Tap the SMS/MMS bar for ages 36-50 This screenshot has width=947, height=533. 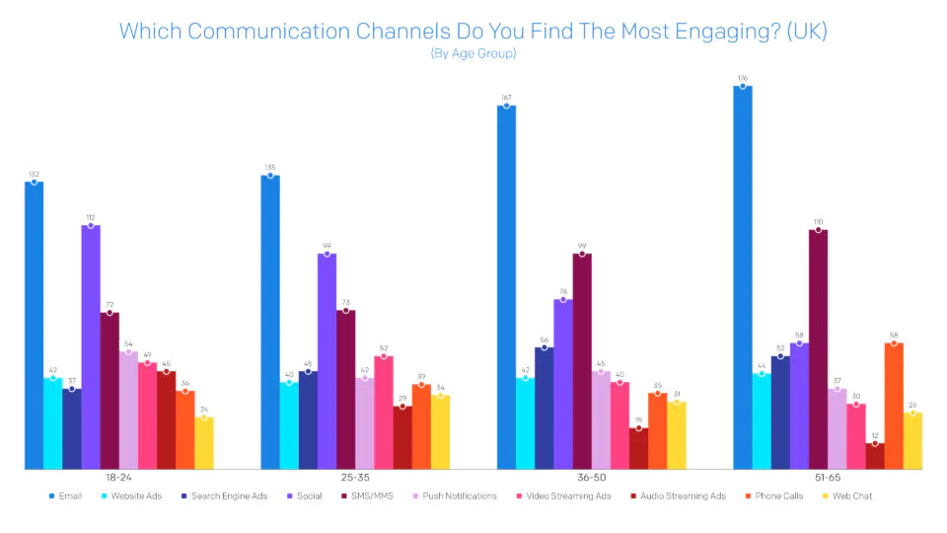582,361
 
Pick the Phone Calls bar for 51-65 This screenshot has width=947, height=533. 894,406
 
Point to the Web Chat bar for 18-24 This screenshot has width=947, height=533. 204,443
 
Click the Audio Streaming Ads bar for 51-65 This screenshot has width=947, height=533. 875,456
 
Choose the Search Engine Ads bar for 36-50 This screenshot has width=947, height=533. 544,408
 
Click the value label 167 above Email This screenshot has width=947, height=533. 506,97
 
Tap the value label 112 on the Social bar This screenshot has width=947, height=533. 91,217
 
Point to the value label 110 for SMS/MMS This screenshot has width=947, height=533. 818,222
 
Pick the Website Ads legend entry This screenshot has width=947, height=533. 136,495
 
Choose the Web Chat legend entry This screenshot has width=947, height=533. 852,495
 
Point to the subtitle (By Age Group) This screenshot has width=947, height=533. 473,53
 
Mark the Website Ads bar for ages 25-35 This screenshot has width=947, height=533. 289,425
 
